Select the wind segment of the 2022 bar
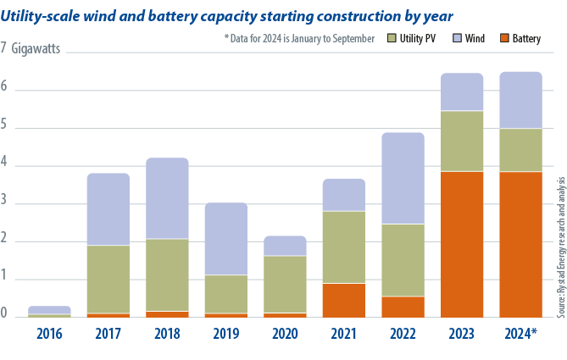pyautogui.click(x=403, y=178)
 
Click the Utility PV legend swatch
pyautogui.click(x=391, y=39)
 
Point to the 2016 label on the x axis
pyautogui.click(x=50, y=332)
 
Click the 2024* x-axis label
pyautogui.click(x=520, y=332)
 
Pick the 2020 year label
pyautogui.click(x=286, y=332)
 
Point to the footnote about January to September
pyautogui.click(x=299, y=39)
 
